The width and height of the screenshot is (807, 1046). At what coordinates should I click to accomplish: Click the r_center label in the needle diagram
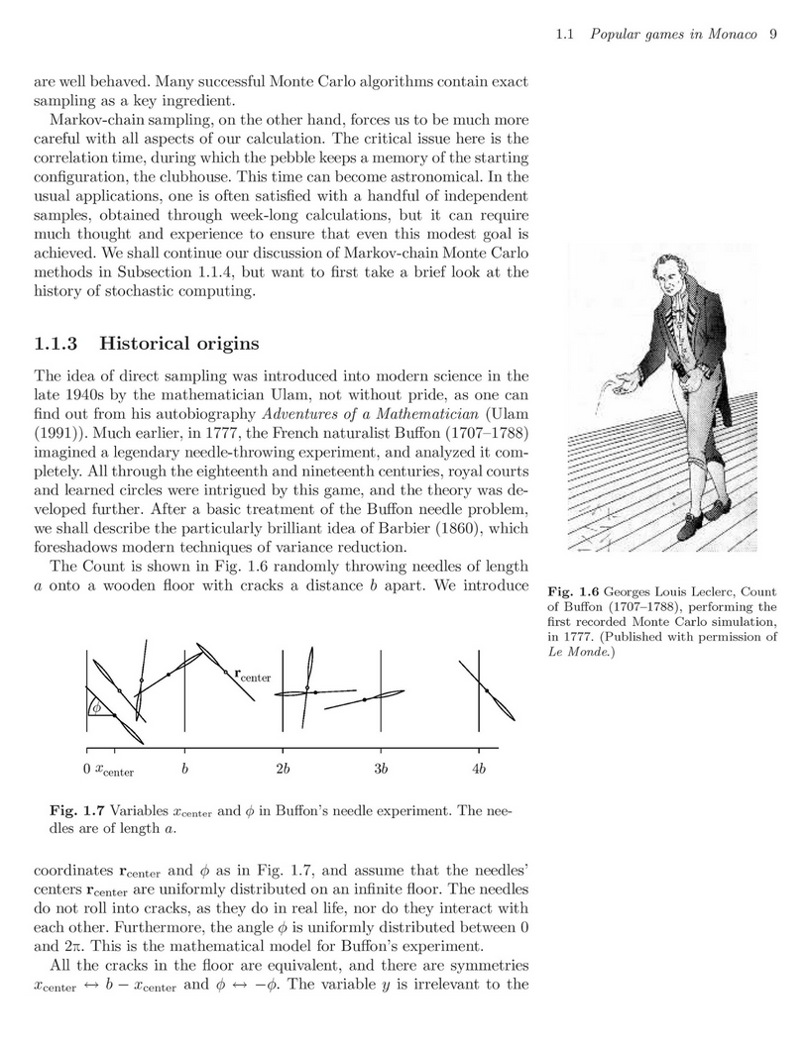[x=253, y=677]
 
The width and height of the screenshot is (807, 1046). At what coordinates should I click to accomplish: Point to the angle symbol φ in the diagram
[x=95, y=707]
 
